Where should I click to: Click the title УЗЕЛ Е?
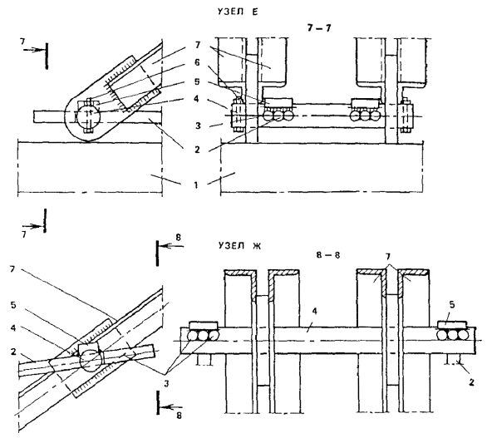click(x=238, y=12)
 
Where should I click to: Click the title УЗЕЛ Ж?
click(x=239, y=246)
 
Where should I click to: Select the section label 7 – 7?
click(x=319, y=28)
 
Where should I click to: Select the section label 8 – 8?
click(x=328, y=255)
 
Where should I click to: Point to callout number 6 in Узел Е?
click(x=197, y=62)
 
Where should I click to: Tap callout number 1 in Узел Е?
click(x=196, y=185)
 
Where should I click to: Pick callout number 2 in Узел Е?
click(x=197, y=150)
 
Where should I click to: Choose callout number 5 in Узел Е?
click(x=197, y=81)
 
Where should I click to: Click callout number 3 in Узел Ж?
click(x=167, y=384)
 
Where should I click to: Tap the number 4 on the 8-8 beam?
click(x=315, y=312)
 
